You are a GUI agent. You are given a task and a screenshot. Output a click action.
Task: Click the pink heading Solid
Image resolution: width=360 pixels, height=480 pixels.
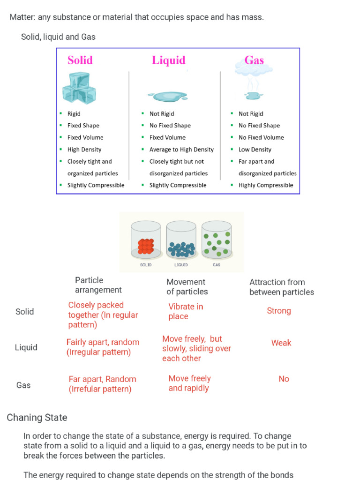80,60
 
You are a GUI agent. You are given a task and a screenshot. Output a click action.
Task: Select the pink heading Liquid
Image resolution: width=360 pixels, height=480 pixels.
168,60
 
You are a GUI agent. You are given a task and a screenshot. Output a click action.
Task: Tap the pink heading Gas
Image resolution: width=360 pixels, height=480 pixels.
254,60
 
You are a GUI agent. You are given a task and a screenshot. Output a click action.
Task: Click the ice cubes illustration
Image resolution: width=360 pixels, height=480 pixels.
79,88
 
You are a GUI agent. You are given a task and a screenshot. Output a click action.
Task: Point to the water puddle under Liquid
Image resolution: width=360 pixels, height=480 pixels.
167,96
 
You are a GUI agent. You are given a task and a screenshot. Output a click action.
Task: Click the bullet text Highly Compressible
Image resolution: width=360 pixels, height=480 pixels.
266,185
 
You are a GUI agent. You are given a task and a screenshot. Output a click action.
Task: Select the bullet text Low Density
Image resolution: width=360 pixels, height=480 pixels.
255,150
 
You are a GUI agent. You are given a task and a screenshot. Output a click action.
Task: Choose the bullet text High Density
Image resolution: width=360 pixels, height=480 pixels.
84,150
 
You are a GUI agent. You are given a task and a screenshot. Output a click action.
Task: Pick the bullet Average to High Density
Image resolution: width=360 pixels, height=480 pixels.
181,150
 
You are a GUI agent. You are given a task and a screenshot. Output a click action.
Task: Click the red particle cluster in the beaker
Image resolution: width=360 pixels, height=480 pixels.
146,246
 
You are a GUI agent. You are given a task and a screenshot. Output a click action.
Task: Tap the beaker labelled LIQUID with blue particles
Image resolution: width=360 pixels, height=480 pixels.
181,241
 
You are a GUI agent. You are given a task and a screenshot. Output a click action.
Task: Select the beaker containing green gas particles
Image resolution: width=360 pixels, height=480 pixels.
217,241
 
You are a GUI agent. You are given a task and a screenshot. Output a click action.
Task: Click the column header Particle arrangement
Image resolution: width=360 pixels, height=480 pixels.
98,285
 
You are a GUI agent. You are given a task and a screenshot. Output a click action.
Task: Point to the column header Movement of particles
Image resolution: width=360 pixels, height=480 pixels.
187,287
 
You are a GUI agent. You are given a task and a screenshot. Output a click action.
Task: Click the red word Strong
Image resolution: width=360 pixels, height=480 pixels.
279,311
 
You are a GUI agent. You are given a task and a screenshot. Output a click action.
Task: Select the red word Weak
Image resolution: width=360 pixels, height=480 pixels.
281,343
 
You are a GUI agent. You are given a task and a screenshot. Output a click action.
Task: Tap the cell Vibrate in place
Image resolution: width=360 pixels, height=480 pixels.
186,311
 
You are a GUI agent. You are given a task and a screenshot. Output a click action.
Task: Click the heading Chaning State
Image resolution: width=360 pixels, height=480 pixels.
37,418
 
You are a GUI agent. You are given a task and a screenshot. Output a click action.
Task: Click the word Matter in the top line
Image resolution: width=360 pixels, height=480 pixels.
22,17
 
